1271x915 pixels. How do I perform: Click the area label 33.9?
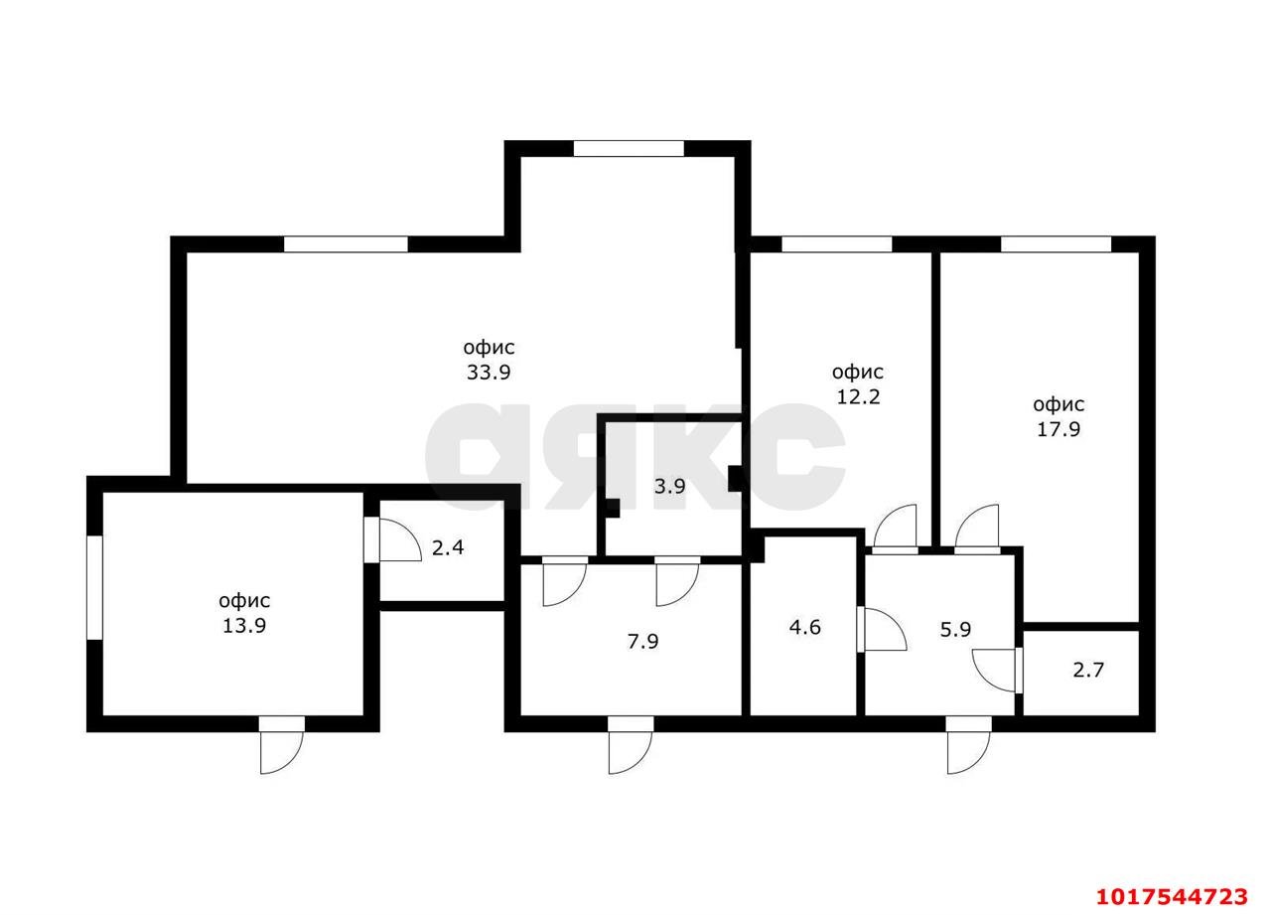(x=489, y=373)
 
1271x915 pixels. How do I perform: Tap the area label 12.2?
(x=859, y=396)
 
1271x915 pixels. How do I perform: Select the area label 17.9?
(x=1059, y=429)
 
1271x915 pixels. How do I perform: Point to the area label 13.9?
(x=244, y=626)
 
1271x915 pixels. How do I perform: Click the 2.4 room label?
(x=448, y=547)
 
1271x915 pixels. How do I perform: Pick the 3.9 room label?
(x=669, y=487)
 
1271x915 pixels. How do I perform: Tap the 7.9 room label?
(x=642, y=642)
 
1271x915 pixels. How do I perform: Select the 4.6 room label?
(x=805, y=627)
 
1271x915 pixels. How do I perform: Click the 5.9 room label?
(x=955, y=630)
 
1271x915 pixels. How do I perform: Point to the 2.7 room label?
(x=1089, y=671)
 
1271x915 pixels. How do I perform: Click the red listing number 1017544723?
(x=1173, y=897)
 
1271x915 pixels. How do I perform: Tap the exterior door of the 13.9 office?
(x=282, y=745)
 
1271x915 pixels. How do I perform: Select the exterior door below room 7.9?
(x=631, y=745)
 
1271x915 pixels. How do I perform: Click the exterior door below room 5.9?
(x=969, y=745)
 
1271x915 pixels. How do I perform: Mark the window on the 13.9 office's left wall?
(x=94, y=587)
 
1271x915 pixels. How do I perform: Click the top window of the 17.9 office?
(x=1056, y=244)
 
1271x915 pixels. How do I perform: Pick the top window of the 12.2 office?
(x=837, y=244)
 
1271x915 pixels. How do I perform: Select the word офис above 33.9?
(x=489, y=348)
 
